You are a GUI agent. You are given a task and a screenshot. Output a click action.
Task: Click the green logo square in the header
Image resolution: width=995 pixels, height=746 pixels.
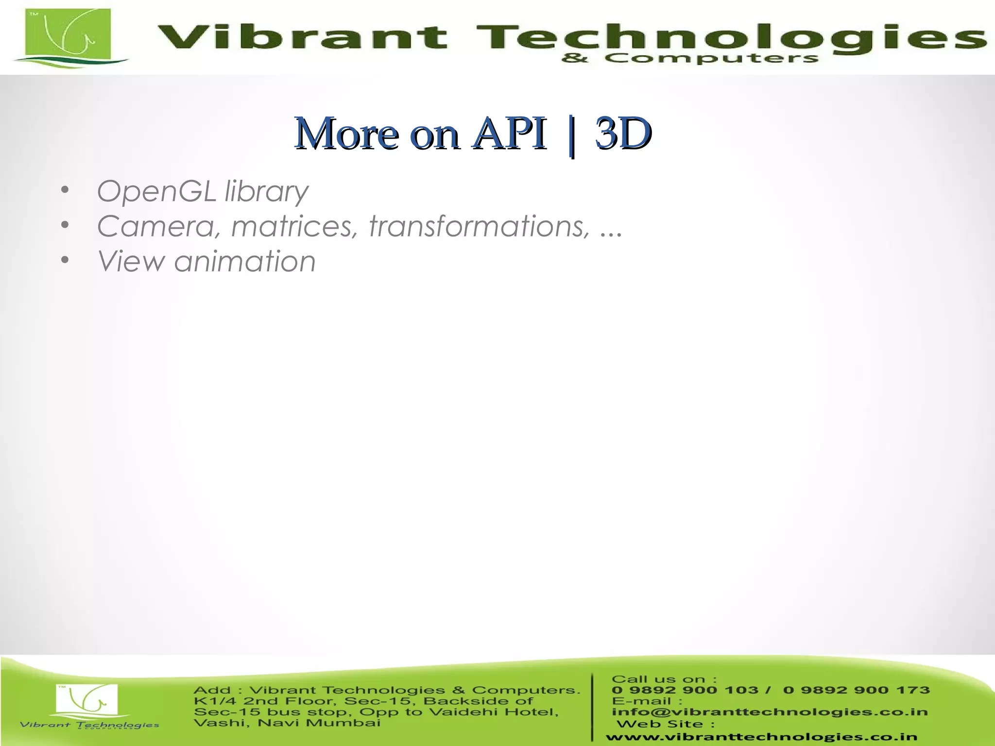click(68, 34)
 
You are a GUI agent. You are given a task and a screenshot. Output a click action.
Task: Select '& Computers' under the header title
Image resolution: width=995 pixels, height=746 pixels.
click(690, 59)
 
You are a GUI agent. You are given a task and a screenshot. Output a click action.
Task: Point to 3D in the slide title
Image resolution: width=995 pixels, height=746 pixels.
click(623, 134)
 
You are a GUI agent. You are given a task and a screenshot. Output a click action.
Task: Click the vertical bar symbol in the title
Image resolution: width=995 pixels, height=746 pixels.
click(571, 136)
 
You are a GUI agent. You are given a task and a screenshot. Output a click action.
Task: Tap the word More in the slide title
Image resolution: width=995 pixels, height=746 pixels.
click(347, 134)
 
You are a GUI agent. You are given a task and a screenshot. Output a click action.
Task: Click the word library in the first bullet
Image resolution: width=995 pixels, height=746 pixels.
click(266, 192)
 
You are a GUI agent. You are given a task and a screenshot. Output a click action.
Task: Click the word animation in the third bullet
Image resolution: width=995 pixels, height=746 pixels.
click(245, 261)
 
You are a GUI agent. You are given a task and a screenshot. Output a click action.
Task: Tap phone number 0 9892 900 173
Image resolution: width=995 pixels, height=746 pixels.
click(856, 690)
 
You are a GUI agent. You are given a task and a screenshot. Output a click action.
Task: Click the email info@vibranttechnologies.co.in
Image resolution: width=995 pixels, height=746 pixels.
click(770, 712)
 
